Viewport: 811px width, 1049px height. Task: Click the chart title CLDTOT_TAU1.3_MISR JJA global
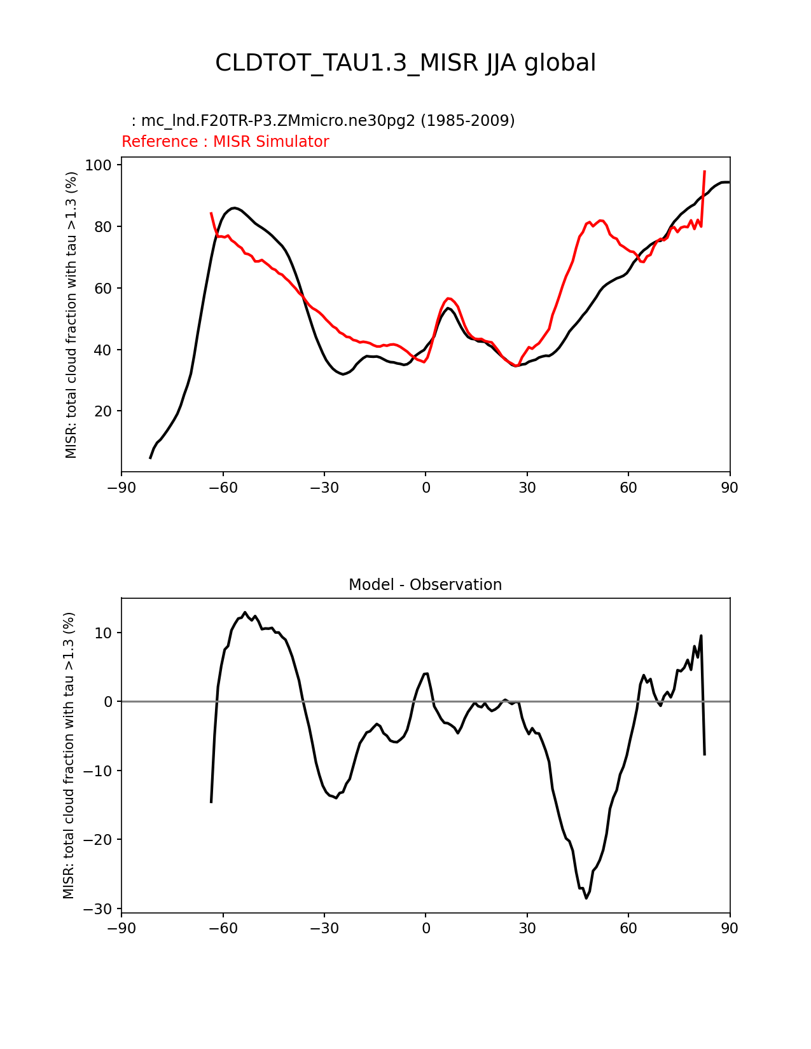pyautogui.click(x=405, y=63)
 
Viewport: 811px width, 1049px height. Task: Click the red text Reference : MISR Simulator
pyautogui.click(x=225, y=142)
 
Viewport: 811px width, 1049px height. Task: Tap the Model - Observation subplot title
pyautogui.click(x=425, y=585)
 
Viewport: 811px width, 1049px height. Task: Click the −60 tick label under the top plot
pyautogui.click(x=223, y=488)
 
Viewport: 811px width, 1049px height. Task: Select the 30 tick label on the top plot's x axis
pyautogui.click(x=527, y=488)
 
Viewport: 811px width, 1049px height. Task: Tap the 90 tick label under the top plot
pyautogui.click(x=730, y=488)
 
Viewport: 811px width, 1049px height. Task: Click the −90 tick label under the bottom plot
pyautogui.click(x=121, y=928)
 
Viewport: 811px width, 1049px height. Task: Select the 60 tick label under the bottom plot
pyautogui.click(x=628, y=928)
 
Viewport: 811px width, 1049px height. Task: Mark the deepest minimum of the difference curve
pyautogui.click(x=586, y=898)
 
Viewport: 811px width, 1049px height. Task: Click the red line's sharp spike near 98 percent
pyautogui.click(x=705, y=171)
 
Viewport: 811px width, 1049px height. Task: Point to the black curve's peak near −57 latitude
pyautogui.click(x=235, y=208)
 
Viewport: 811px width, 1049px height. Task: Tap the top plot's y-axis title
pyautogui.click(x=71, y=315)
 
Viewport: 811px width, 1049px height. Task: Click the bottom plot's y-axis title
pyautogui.click(x=69, y=755)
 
